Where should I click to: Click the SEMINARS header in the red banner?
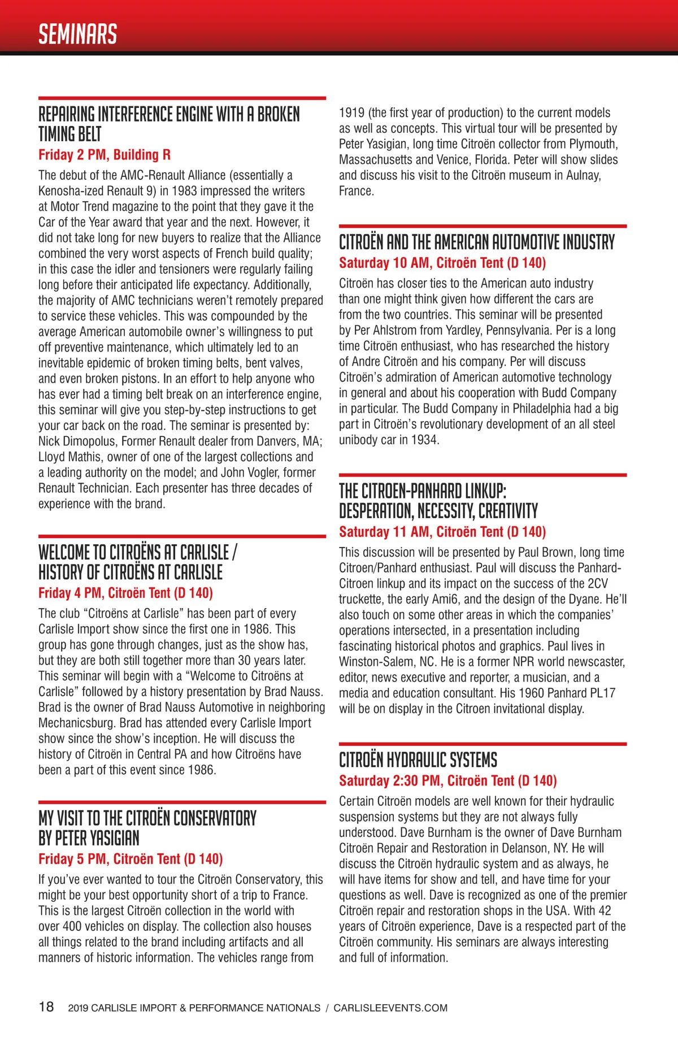[77, 34]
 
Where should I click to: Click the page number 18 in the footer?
[46, 1006]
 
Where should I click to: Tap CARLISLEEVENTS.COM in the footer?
[390, 1008]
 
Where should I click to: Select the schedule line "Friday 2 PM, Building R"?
[105, 155]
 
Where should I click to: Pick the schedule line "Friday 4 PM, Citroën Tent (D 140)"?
[125, 593]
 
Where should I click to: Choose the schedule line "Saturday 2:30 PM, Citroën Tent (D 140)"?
[447, 780]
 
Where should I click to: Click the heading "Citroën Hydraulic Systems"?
[418, 760]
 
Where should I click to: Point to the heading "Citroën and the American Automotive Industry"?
[476, 242]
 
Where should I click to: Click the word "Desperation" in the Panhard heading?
[376, 511]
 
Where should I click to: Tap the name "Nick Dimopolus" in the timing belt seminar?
[78, 441]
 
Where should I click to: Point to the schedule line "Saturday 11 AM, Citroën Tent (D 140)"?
[442, 532]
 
